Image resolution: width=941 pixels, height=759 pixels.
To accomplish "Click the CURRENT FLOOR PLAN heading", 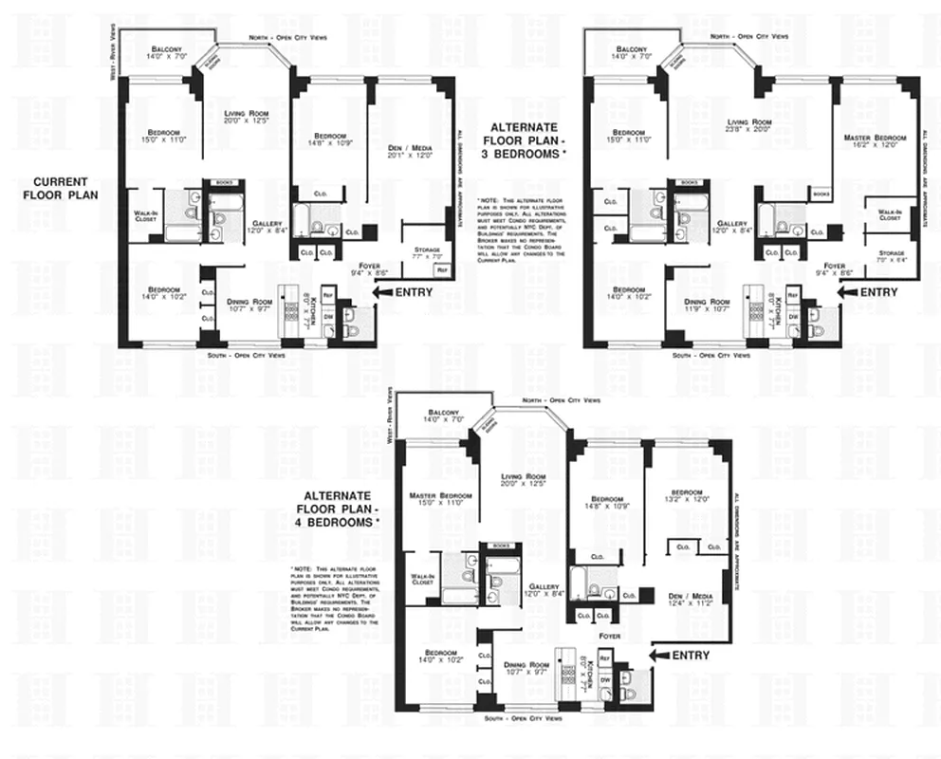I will [x=61, y=188].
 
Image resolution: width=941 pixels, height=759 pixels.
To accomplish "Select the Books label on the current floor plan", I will [x=224, y=181].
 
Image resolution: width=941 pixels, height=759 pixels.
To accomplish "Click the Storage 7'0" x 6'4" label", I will [x=889, y=253].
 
